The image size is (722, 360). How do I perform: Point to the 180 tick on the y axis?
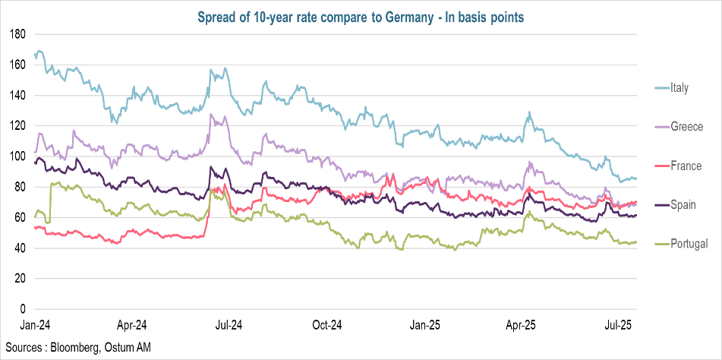click(19, 34)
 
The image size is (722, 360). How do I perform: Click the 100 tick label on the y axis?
click(19, 156)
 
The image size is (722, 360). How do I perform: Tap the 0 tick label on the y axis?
click(24, 309)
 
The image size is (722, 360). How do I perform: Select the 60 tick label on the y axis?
click(21, 218)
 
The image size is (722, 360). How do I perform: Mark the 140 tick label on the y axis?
click(19, 96)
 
